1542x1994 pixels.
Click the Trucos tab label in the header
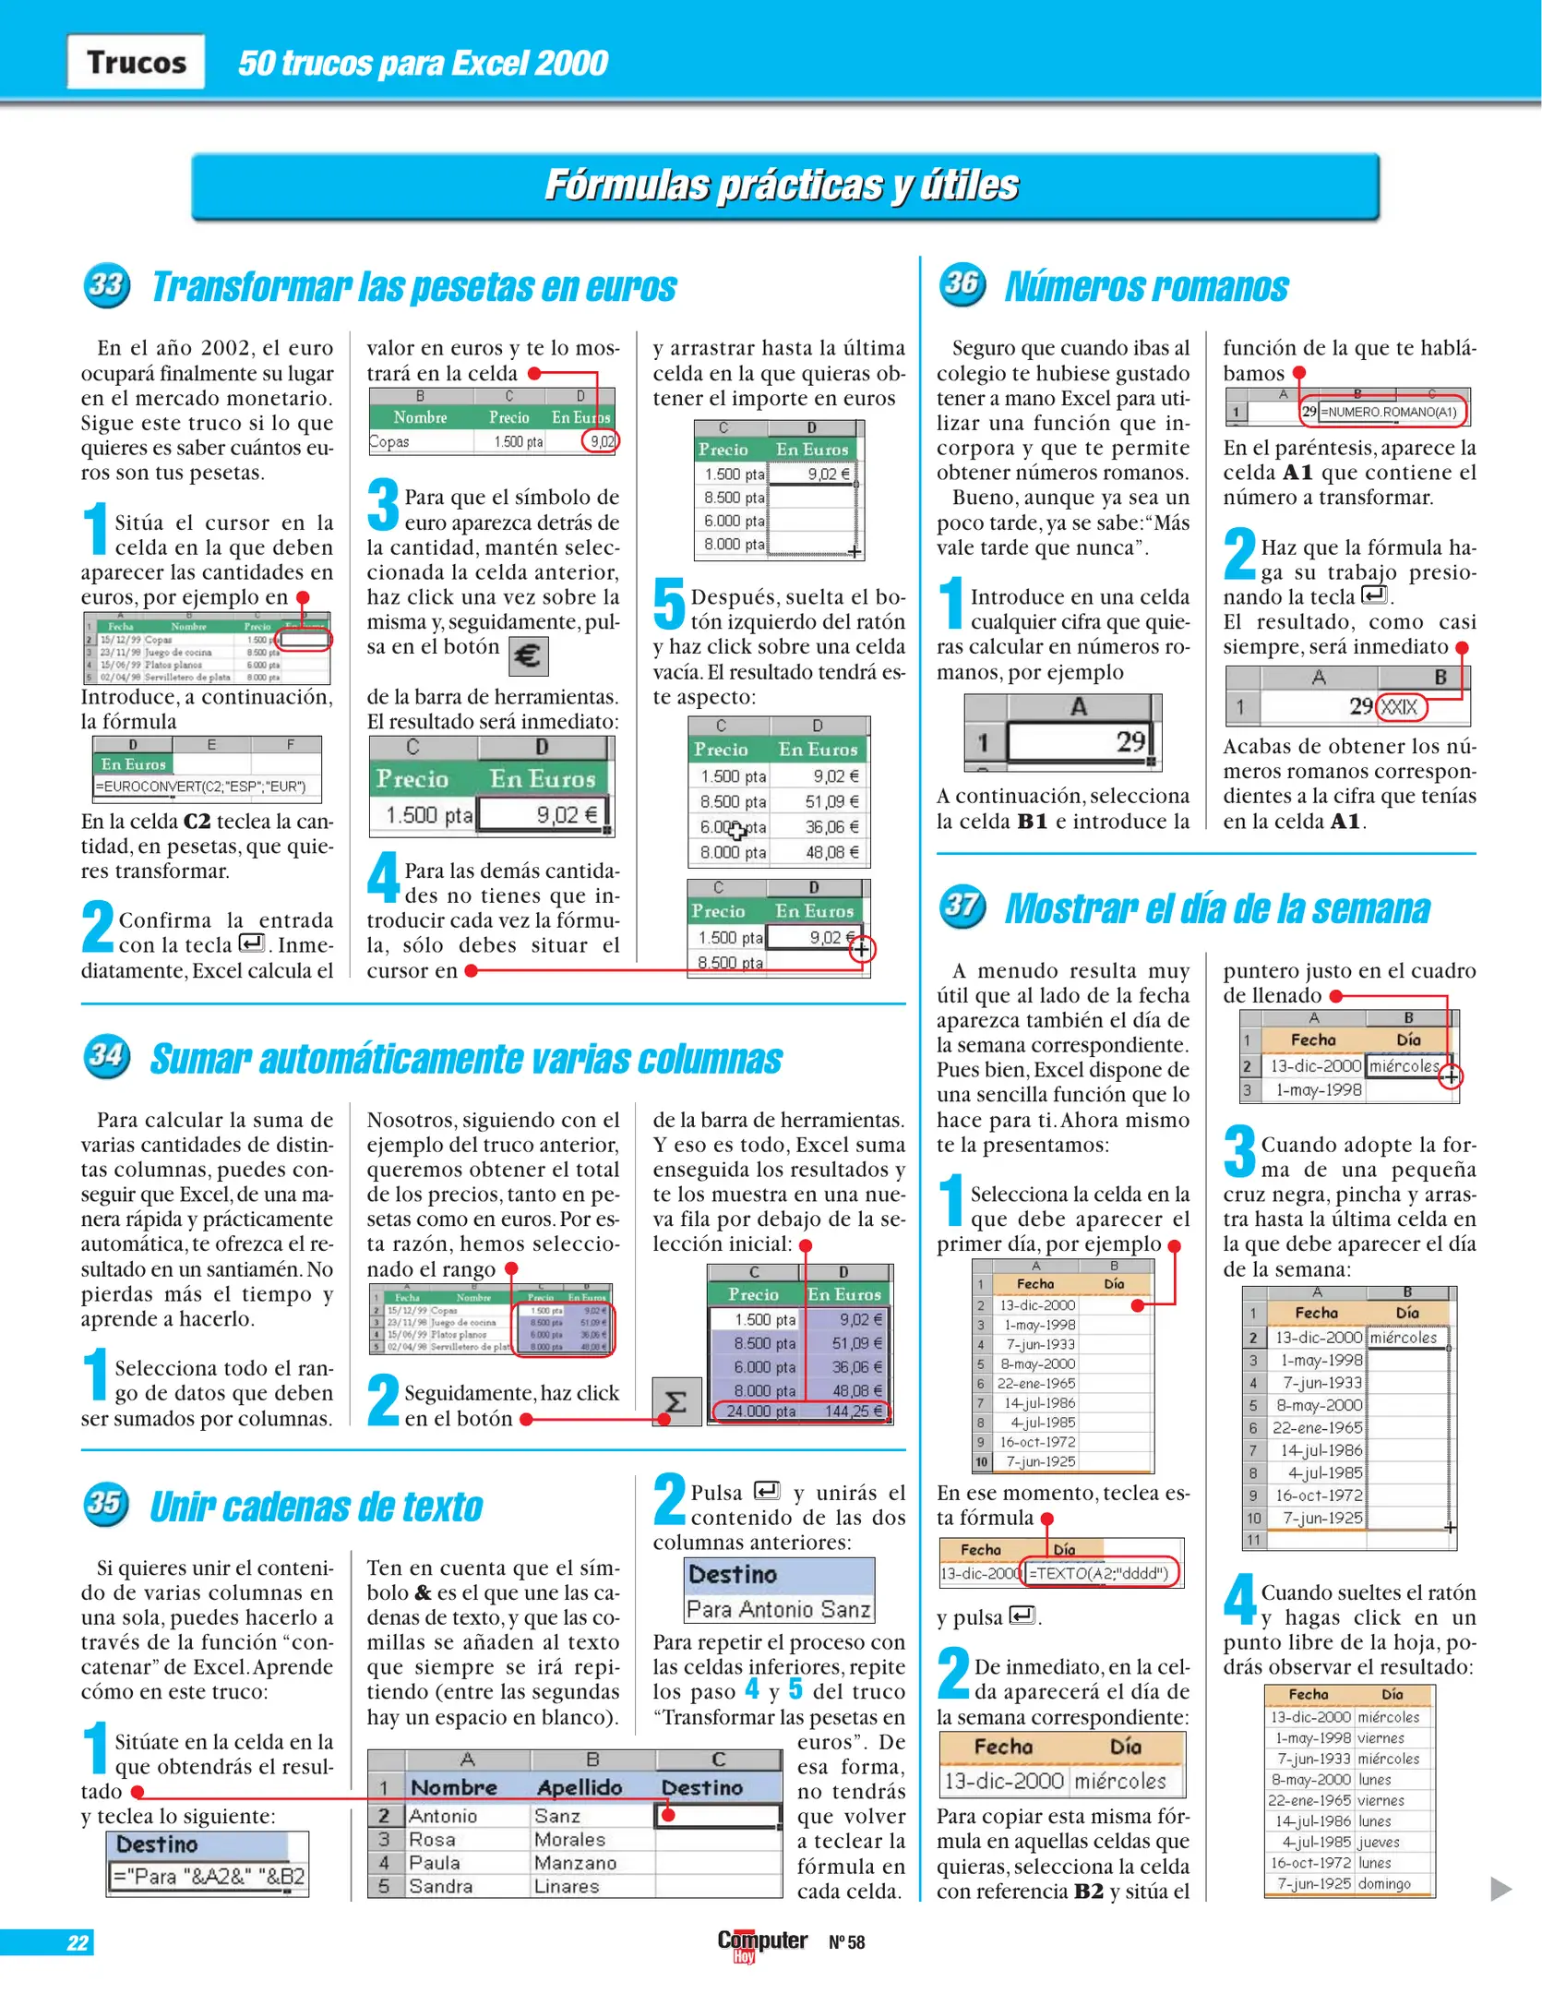[136, 62]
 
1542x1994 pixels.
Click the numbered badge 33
[105, 285]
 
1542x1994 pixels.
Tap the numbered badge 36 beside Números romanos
[962, 282]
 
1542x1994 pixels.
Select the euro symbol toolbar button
[528, 656]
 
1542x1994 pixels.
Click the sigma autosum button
[675, 1402]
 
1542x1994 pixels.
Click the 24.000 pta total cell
[759, 1411]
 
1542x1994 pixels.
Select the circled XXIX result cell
[1400, 707]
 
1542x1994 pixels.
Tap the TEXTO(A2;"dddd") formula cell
[1098, 1573]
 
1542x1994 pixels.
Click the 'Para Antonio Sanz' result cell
[778, 1609]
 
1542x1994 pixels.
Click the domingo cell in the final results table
[1384, 1883]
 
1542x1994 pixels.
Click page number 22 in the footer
[78, 1942]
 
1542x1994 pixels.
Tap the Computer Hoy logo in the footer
[762, 1942]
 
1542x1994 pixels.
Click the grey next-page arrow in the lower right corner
[1500, 1888]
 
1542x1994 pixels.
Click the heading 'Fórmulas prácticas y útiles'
[783, 186]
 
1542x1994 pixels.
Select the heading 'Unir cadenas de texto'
[316, 1507]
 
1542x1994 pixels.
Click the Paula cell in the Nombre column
[434, 1863]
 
